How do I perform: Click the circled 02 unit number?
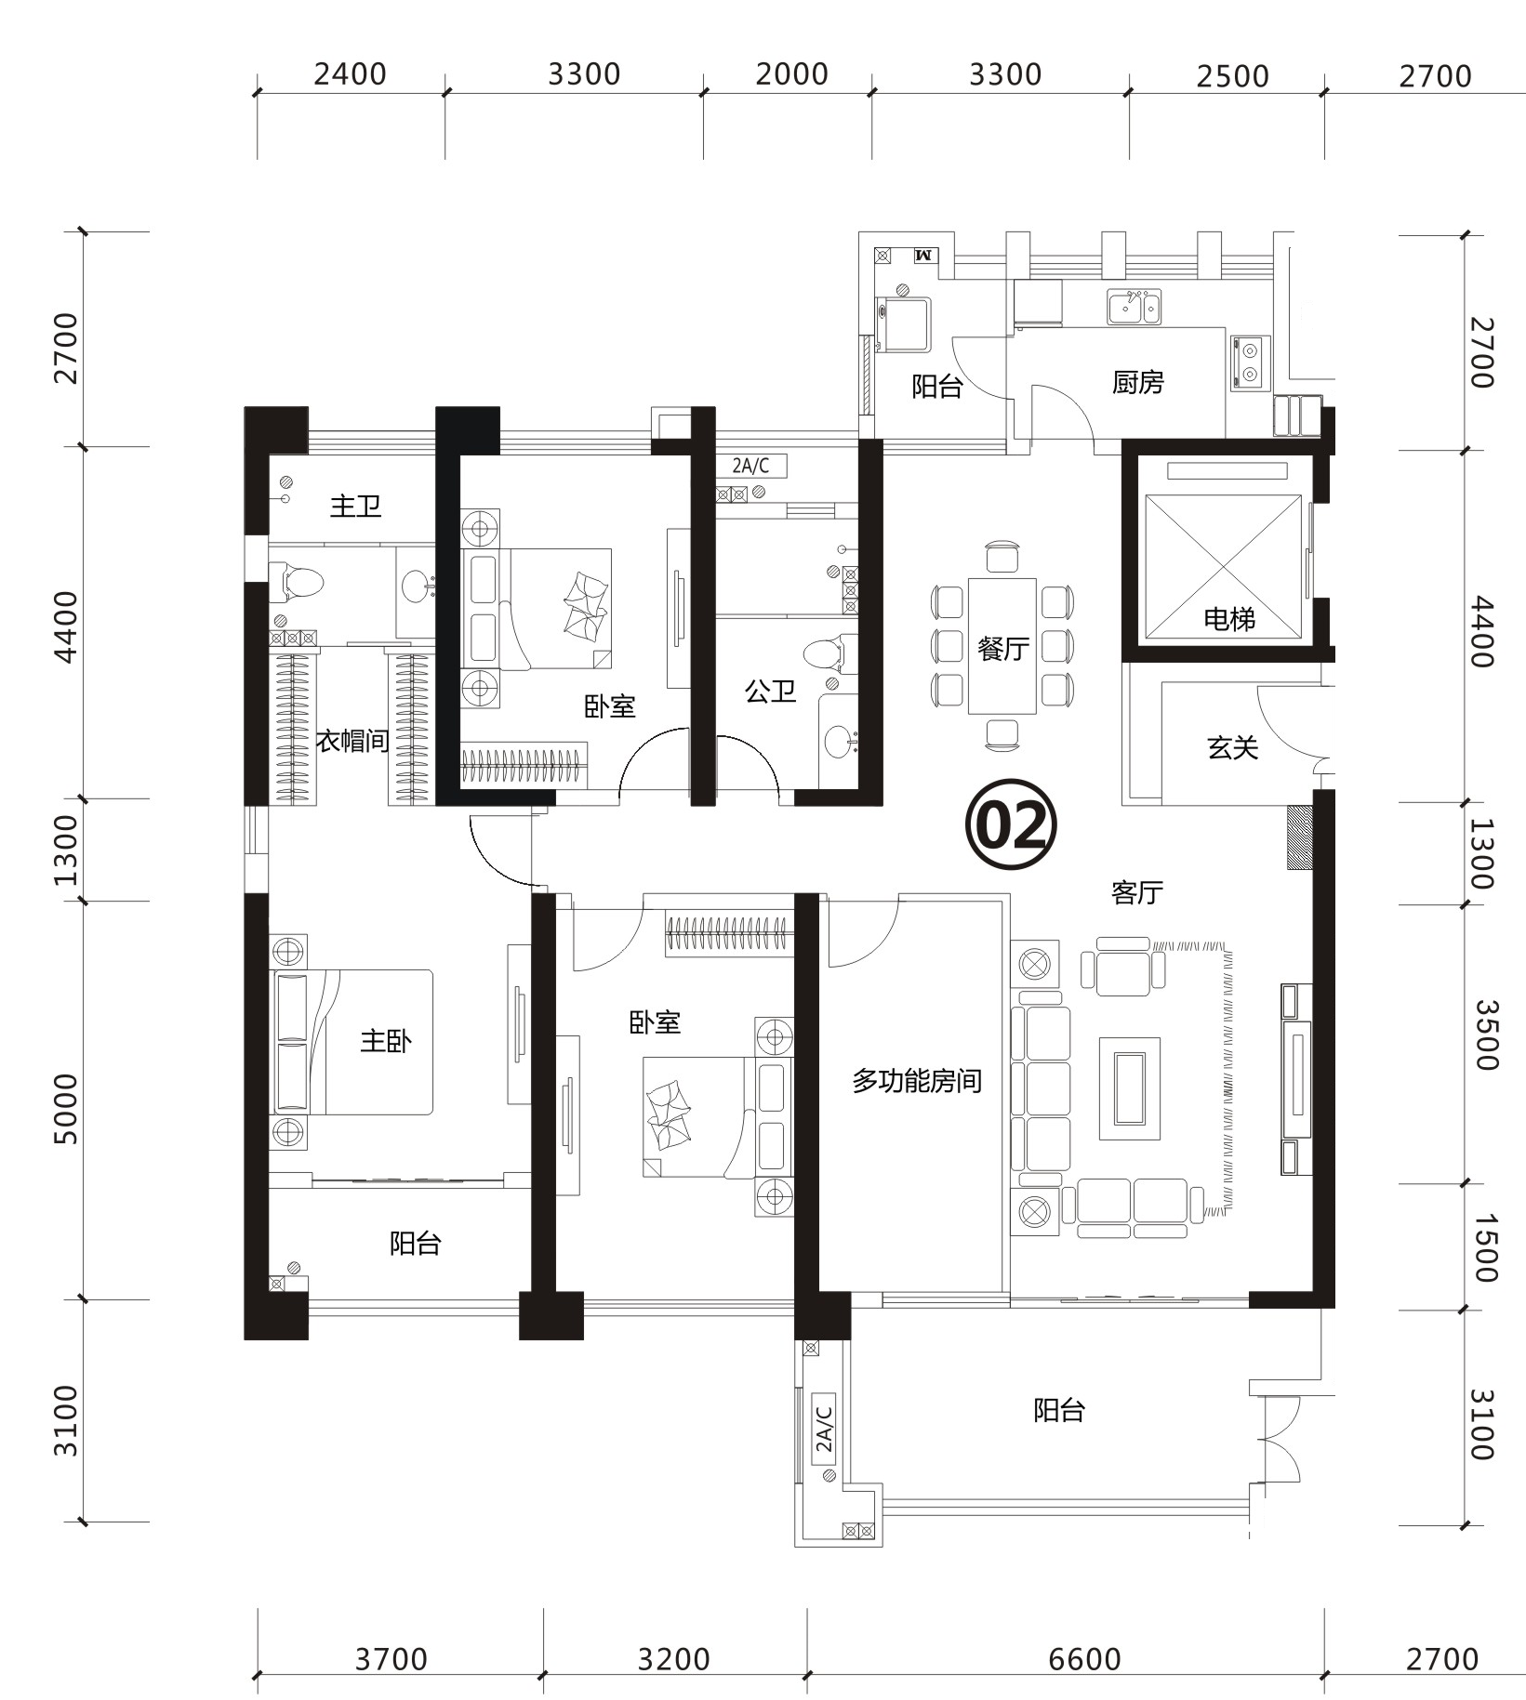pyautogui.click(x=1011, y=824)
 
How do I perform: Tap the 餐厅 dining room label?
pyautogui.click(x=1002, y=648)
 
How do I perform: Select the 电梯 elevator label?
pyautogui.click(x=1229, y=619)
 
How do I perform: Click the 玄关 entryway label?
pyautogui.click(x=1232, y=747)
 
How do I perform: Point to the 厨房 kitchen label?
pyautogui.click(x=1137, y=382)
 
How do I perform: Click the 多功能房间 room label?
pyautogui.click(x=917, y=1081)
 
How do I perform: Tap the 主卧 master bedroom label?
pyautogui.click(x=386, y=1040)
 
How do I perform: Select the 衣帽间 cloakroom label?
pyautogui.click(x=352, y=741)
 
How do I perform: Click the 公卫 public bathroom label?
pyautogui.click(x=770, y=691)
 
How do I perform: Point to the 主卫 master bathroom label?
pyautogui.click(x=355, y=506)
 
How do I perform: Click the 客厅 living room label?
pyautogui.click(x=1136, y=892)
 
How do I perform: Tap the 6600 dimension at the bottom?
pyautogui.click(x=1084, y=1659)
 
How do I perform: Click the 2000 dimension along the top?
pyautogui.click(x=791, y=74)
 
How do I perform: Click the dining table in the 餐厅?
pyautogui.click(x=1002, y=646)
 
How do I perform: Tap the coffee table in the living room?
pyautogui.click(x=1130, y=1088)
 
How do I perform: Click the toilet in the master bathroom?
pyautogui.click(x=298, y=582)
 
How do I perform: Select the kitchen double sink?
pyautogui.click(x=1134, y=307)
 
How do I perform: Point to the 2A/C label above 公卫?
pyautogui.click(x=751, y=466)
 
